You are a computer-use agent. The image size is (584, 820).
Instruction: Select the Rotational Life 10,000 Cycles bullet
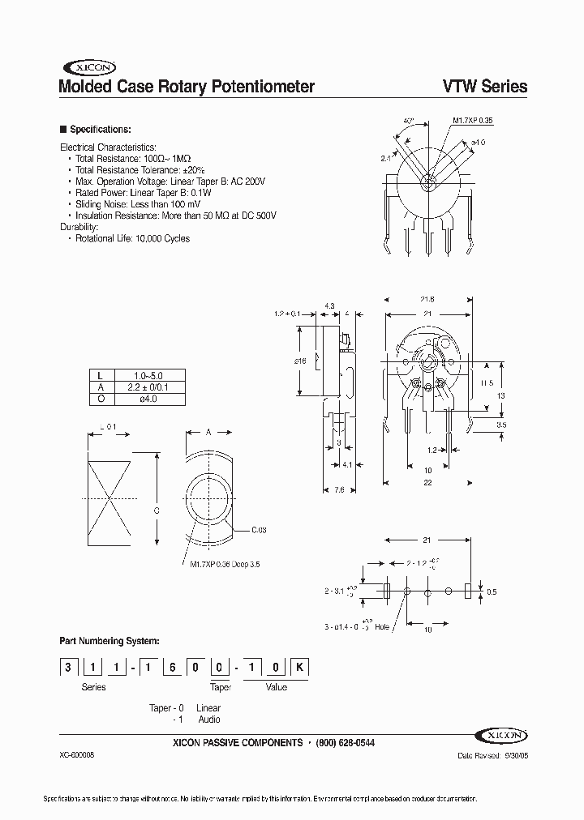(132, 239)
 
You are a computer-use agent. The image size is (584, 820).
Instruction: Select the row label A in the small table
(100, 387)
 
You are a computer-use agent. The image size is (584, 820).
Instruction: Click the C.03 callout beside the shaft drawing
(259, 529)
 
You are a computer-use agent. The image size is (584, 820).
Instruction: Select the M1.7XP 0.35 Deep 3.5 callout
(225, 563)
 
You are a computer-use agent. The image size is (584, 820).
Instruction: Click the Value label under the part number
(276, 687)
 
